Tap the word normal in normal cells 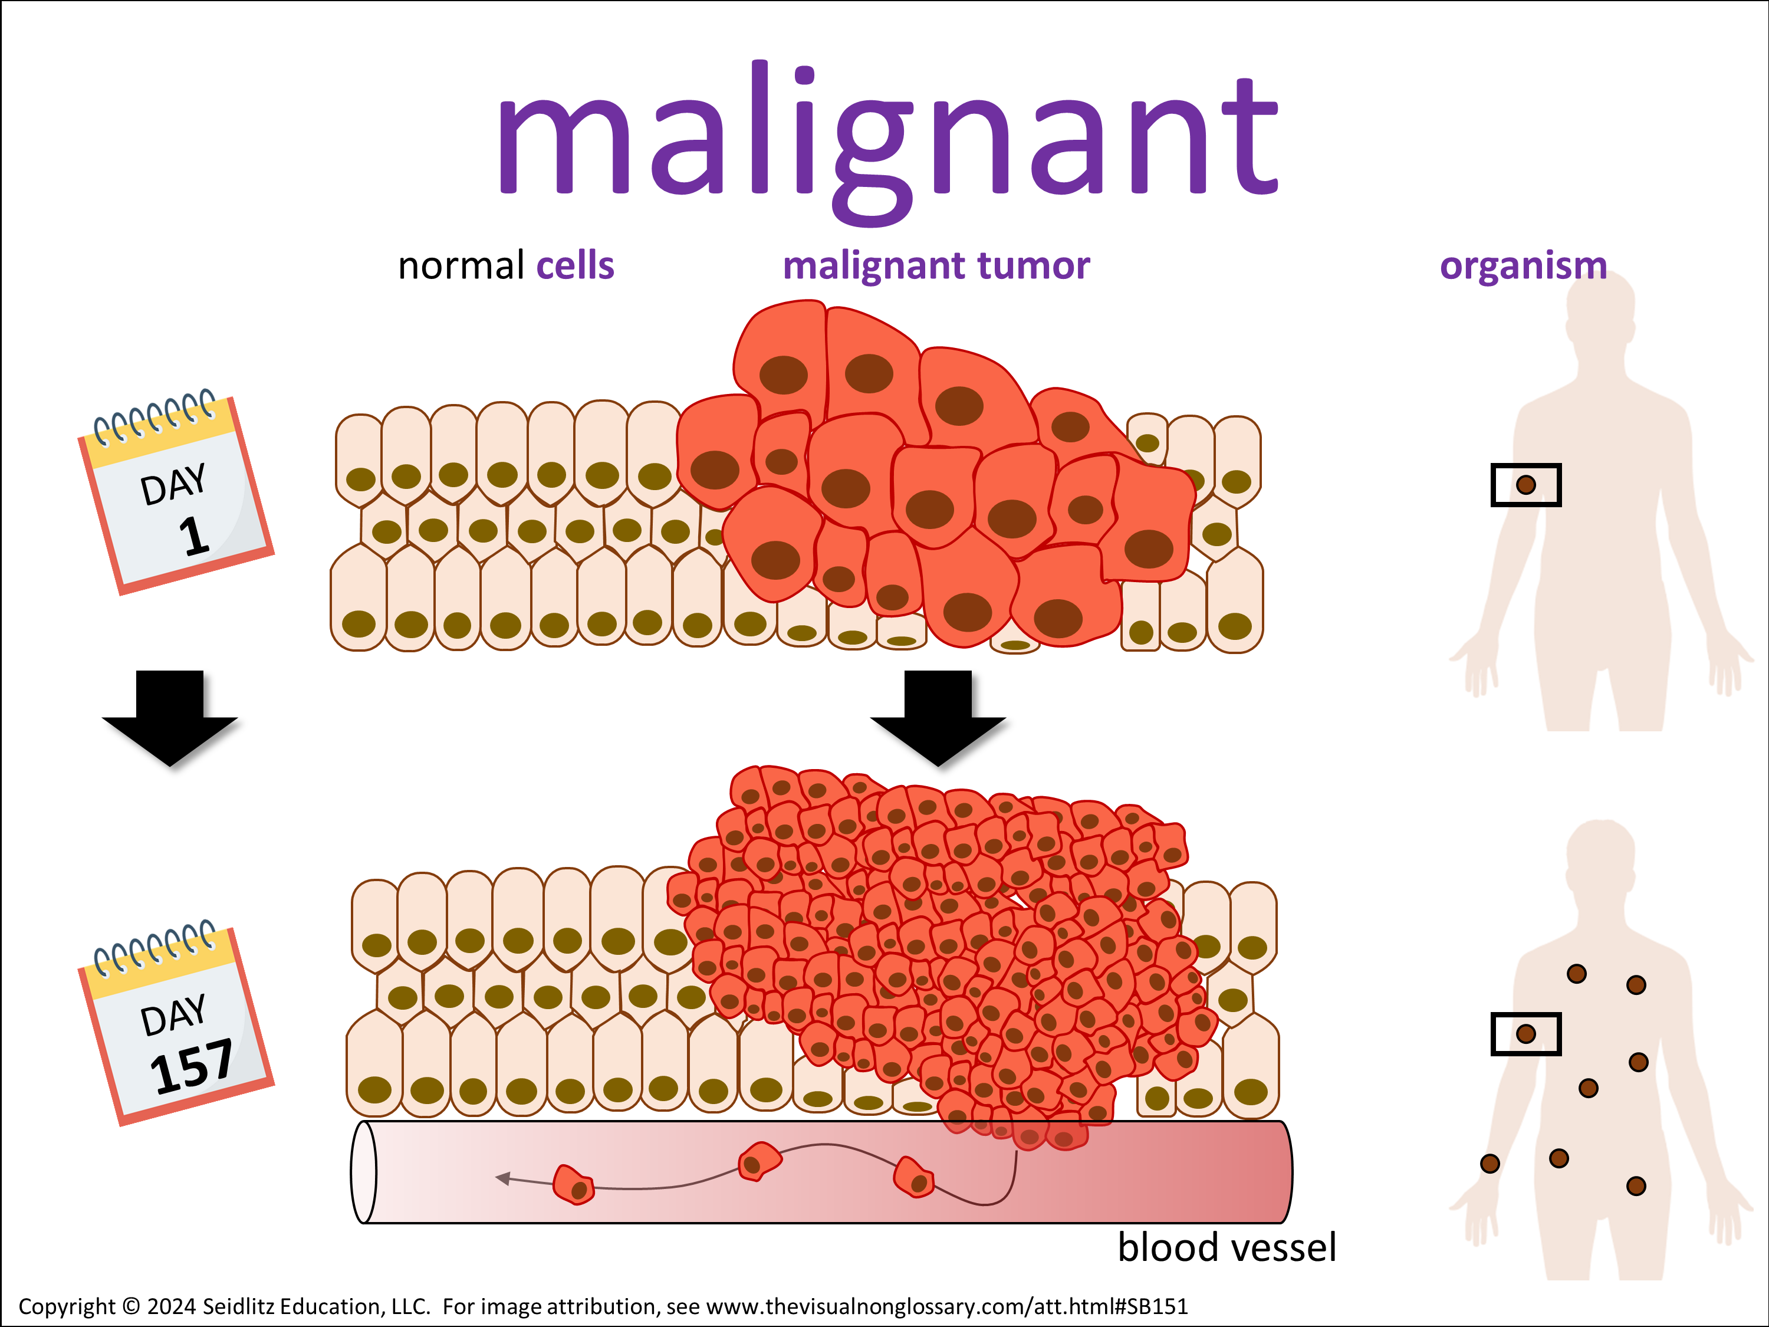point(461,265)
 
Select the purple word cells point(575,265)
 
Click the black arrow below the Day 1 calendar point(170,717)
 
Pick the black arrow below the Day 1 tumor point(938,717)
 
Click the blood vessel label point(1226,1248)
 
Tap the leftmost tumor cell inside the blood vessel point(573,1185)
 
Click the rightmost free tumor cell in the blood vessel point(913,1177)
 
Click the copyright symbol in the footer point(131,1307)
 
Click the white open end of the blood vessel point(364,1172)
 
